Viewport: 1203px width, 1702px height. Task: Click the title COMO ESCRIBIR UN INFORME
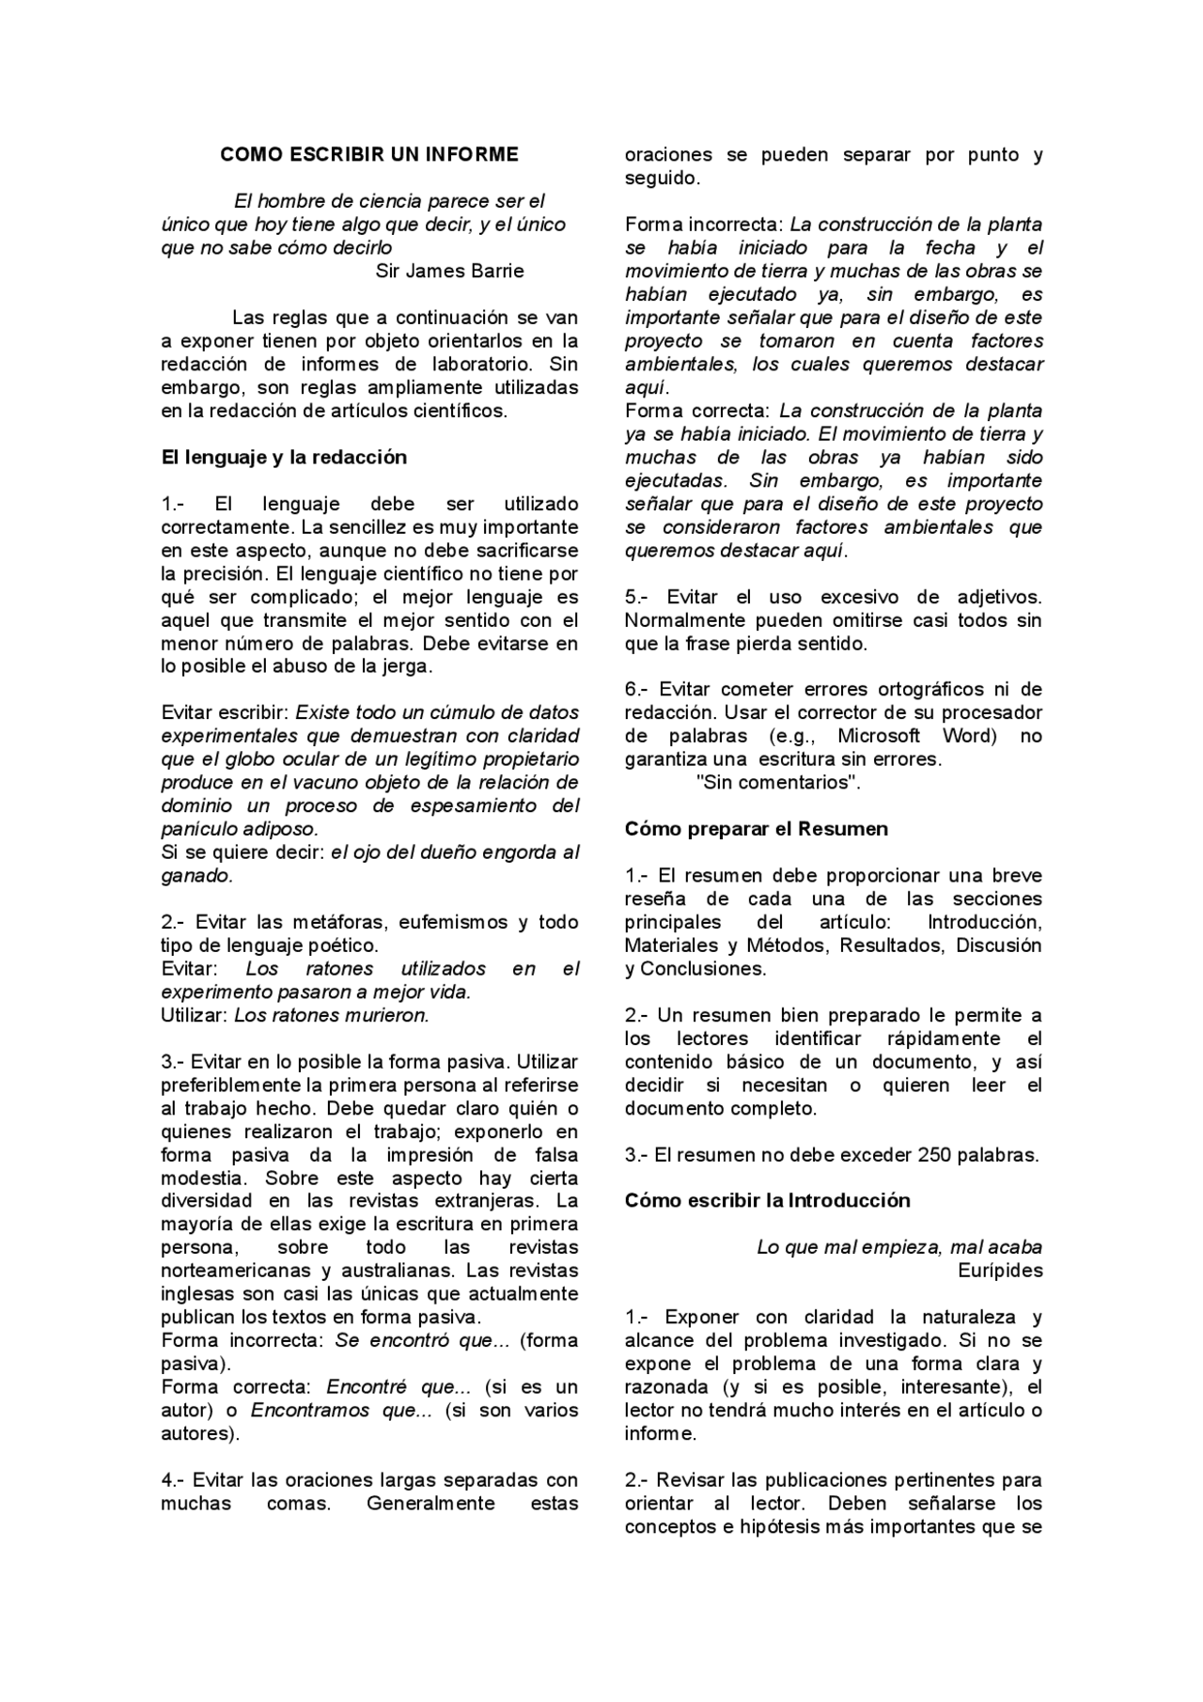tap(368, 154)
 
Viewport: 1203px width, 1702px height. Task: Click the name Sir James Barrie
tap(449, 272)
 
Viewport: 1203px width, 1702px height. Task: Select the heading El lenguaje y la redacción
tap(284, 458)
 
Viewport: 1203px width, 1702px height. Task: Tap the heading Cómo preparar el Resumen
tap(756, 829)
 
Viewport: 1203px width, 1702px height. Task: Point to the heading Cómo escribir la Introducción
tap(767, 1200)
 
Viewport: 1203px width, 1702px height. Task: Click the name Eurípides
tap(1000, 1271)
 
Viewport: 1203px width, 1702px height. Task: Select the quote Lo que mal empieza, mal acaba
tap(898, 1247)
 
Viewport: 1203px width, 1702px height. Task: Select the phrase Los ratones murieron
tap(331, 1015)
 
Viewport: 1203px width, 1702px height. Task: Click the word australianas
tap(383, 1271)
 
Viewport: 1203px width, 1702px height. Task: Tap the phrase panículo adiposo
tap(240, 830)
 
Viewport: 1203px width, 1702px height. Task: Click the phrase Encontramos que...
tap(341, 1411)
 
